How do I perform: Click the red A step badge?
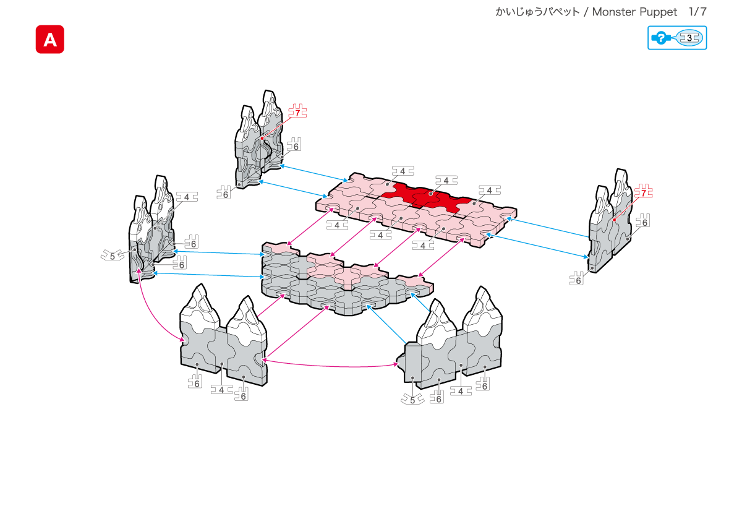(50, 40)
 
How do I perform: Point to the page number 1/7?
(697, 12)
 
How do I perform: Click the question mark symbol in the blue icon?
(660, 38)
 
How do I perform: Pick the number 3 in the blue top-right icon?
(689, 38)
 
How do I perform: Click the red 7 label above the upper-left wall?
(297, 113)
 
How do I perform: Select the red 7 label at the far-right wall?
(644, 192)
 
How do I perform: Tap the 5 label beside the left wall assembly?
(111, 255)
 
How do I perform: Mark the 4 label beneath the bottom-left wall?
(221, 390)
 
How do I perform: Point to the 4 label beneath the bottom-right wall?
(461, 391)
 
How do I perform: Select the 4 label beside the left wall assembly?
(186, 197)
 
